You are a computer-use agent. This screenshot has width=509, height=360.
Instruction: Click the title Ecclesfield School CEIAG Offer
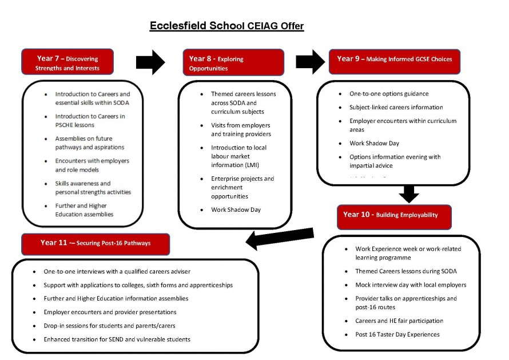(226, 26)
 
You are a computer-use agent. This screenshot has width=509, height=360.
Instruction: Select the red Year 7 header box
(67, 62)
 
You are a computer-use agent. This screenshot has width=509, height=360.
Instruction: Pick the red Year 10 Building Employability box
(394, 216)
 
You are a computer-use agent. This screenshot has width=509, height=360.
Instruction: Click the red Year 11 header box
(96, 244)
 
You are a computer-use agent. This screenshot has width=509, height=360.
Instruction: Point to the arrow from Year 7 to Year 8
(150, 62)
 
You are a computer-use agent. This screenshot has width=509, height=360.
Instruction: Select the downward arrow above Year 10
(408, 194)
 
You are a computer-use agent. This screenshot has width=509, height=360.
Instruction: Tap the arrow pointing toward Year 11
(280, 238)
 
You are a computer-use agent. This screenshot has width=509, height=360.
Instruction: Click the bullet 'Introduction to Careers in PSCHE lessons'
(90, 121)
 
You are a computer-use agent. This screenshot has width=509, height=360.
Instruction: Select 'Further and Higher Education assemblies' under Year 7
(85, 210)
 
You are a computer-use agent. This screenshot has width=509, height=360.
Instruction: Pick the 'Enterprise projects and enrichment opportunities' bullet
(242, 187)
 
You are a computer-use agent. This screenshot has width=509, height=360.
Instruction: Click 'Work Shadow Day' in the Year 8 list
(236, 209)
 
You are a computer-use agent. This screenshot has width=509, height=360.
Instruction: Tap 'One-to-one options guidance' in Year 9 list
(389, 94)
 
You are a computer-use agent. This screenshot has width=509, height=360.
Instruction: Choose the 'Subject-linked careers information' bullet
(396, 108)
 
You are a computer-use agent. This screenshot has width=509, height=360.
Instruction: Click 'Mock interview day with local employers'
(411, 285)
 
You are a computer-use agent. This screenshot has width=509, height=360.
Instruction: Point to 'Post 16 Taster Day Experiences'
(397, 335)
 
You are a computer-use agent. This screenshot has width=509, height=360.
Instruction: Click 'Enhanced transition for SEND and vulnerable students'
(117, 340)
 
